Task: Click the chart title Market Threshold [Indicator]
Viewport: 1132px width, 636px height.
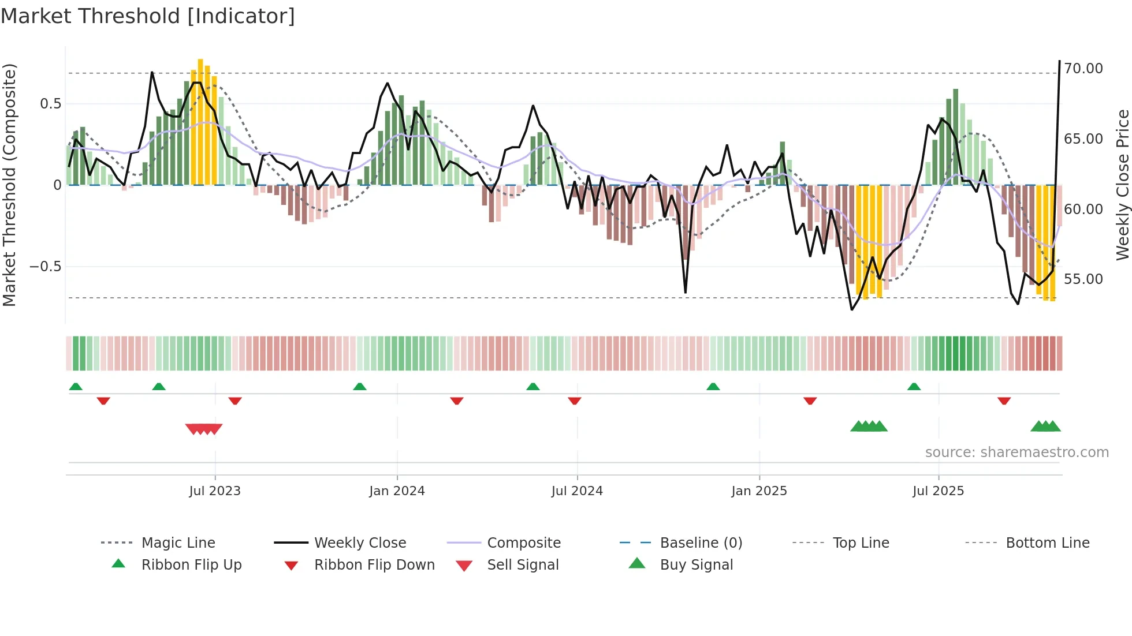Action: point(148,16)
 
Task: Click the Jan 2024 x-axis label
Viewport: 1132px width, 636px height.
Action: point(397,491)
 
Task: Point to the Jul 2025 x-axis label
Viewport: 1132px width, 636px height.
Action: point(938,491)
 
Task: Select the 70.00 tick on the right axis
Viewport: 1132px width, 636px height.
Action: point(1083,69)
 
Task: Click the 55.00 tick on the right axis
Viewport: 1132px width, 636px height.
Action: point(1083,279)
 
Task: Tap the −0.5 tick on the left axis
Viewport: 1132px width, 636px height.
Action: point(45,267)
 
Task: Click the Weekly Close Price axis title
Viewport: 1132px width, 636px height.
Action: point(1122,185)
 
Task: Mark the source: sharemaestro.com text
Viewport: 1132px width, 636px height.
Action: point(1016,452)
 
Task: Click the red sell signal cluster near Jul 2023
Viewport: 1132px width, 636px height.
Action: point(203,429)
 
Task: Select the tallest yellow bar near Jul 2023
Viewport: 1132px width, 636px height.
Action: point(200,121)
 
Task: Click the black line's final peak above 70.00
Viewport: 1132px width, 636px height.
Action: point(1059,61)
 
